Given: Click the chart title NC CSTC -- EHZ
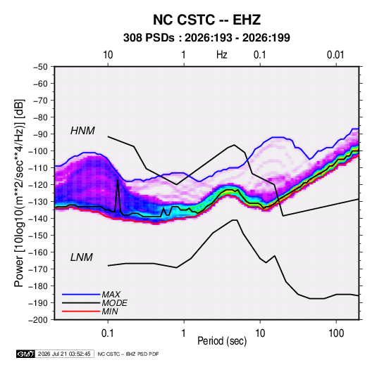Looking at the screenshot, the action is pos(206,20).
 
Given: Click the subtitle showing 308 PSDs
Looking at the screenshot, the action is pos(206,38).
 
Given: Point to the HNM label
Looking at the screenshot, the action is pos(82,131).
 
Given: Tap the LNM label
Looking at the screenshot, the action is pos(82,257).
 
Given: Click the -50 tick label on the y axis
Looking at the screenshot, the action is pos(40,67).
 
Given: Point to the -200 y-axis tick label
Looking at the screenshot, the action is pos(38,320).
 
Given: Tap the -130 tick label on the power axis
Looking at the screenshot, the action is pos(38,202).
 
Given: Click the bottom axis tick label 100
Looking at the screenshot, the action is pos(336,333).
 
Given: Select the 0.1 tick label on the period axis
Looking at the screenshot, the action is pos(108,333).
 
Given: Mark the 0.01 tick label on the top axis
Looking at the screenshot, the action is pos(335,55).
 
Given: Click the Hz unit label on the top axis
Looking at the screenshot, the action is pos(222,55).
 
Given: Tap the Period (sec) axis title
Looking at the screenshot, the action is pos(222,341).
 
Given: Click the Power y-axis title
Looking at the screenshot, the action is pos(19,193).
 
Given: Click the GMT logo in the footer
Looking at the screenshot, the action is pos(25,354).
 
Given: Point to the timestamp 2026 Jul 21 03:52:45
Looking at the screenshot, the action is pos(64,354).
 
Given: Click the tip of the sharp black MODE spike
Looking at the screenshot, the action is pos(118,179).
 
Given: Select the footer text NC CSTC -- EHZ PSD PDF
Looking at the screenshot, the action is pos(128,354).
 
